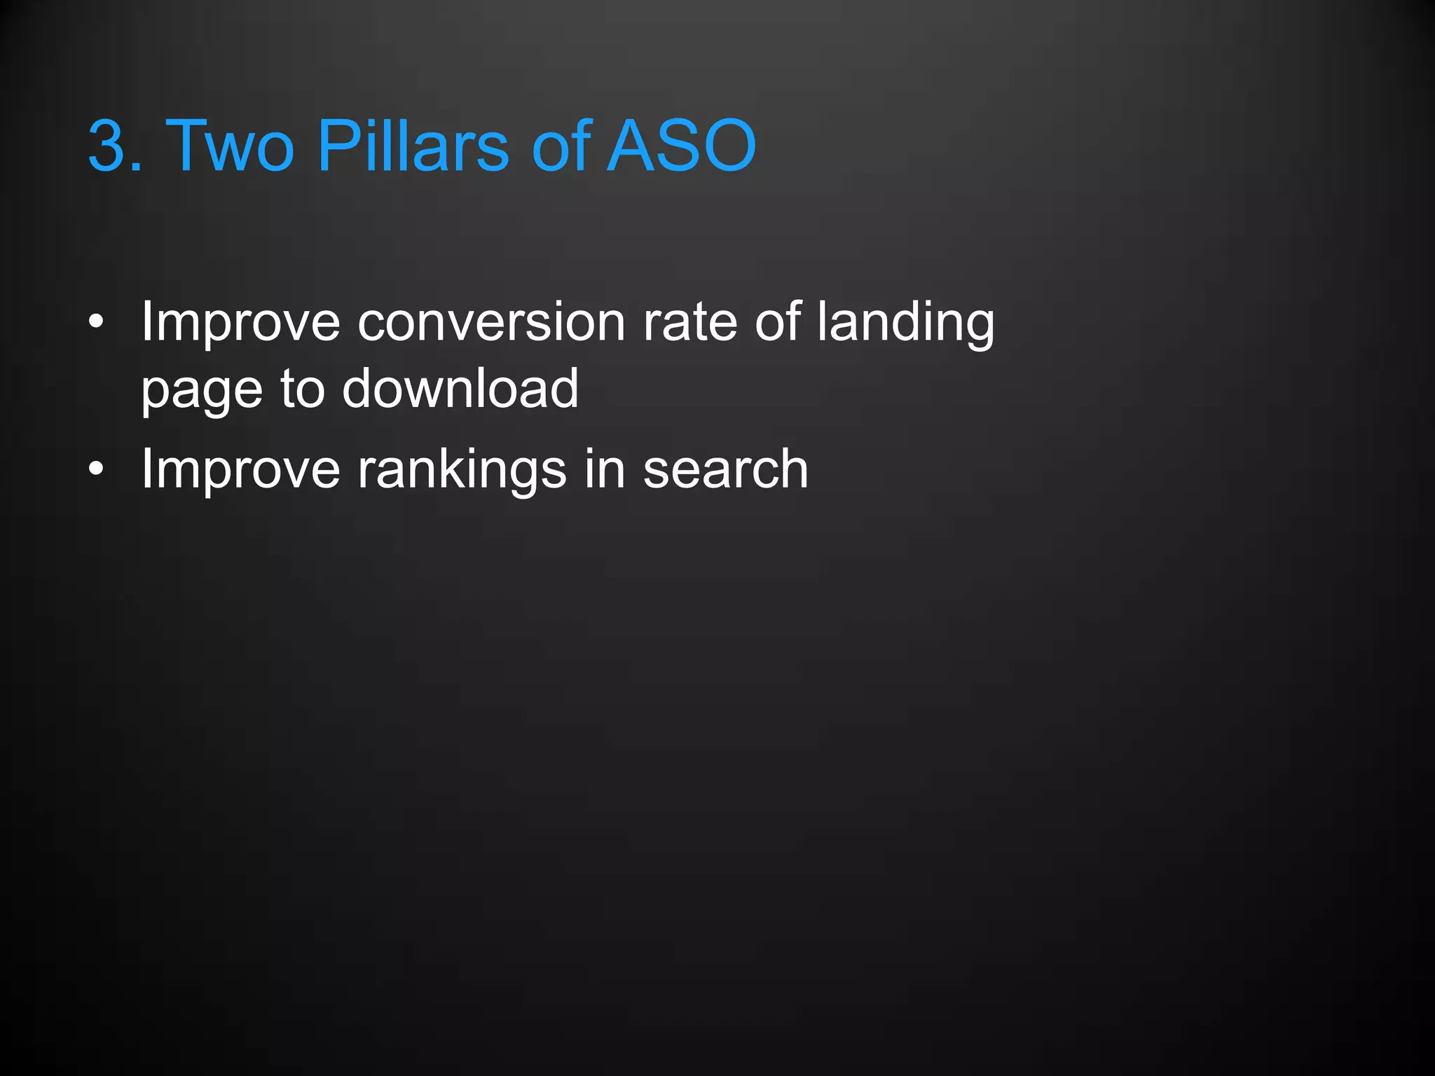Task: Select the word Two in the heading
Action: pos(229,146)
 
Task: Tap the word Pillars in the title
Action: pos(413,146)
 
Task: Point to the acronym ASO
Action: pos(681,146)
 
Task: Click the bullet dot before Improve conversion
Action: pos(96,323)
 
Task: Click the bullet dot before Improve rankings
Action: pos(96,469)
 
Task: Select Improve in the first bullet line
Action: pos(240,323)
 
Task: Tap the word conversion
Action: pos(490,323)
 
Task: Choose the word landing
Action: pos(905,323)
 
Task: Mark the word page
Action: pos(201,390)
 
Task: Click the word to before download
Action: pos(302,389)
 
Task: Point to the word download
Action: pos(460,389)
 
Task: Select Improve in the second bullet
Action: pos(240,469)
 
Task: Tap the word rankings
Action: pos(462,469)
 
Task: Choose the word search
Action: pos(725,469)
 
